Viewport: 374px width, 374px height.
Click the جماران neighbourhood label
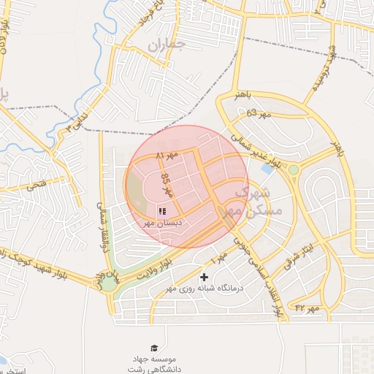(167, 45)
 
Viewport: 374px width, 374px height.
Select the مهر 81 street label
(167, 156)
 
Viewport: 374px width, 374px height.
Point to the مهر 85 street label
(167, 186)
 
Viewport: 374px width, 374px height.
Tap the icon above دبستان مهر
(162, 210)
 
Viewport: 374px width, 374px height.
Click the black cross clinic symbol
(204, 277)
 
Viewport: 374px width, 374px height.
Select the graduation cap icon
(154, 348)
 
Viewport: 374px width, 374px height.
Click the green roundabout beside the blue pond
(293, 170)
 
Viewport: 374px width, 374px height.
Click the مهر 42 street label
(308, 309)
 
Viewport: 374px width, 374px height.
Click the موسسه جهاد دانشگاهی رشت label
(154, 363)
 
